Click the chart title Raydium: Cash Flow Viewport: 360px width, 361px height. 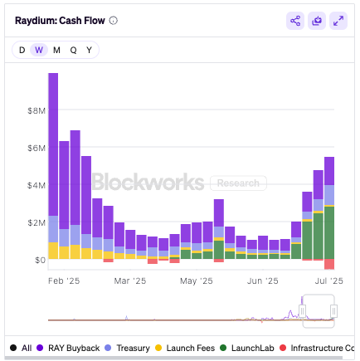[x=61, y=21]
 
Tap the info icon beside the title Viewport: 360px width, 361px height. [x=114, y=21]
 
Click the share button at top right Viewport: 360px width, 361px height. [x=295, y=21]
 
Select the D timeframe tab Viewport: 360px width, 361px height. [x=22, y=50]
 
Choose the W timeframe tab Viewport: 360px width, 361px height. [x=39, y=50]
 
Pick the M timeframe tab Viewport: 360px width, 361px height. [x=56, y=50]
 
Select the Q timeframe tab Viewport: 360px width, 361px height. [x=73, y=50]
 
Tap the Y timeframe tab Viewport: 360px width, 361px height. [x=89, y=50]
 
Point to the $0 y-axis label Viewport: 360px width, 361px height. [x=39, y=260]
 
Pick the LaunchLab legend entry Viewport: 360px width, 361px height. [x=251, y=347]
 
